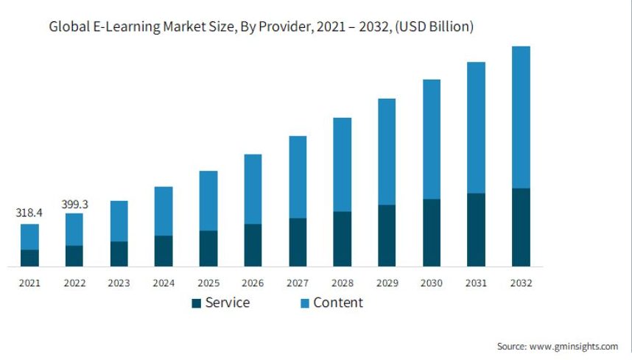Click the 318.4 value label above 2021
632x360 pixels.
click(29, 213)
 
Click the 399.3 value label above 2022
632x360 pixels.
click(74, 204)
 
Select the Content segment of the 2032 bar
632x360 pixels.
click(521, 117)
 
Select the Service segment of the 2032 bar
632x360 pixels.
click(521, 227)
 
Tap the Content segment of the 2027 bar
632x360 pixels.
click(298, 177)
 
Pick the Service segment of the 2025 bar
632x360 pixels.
click(208, 248)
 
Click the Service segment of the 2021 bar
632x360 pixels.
click(29, 258)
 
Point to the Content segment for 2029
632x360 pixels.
click(387, 152)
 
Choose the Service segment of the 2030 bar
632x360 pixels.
click(432, 232)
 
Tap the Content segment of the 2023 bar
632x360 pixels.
click(119, 221)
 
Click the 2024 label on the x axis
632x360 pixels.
click(164, 283)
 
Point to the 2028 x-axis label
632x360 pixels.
click(342, 283)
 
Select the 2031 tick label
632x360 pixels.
click(476, 283)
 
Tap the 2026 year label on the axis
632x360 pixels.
click(253, 283)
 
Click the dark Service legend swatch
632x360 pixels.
click(196, 303)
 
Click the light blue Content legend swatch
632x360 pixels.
click(303, 303)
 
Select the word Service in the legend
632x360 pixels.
click(227, 303)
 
